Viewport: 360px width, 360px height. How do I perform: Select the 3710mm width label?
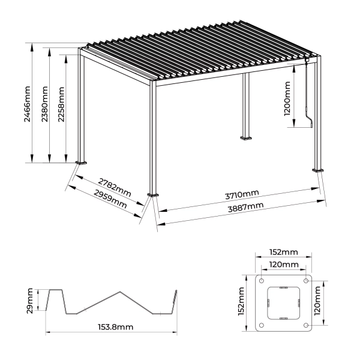pos(242,195)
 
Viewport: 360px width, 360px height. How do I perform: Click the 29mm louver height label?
pos(31,300)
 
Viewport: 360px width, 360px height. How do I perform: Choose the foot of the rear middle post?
pos(247,140)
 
